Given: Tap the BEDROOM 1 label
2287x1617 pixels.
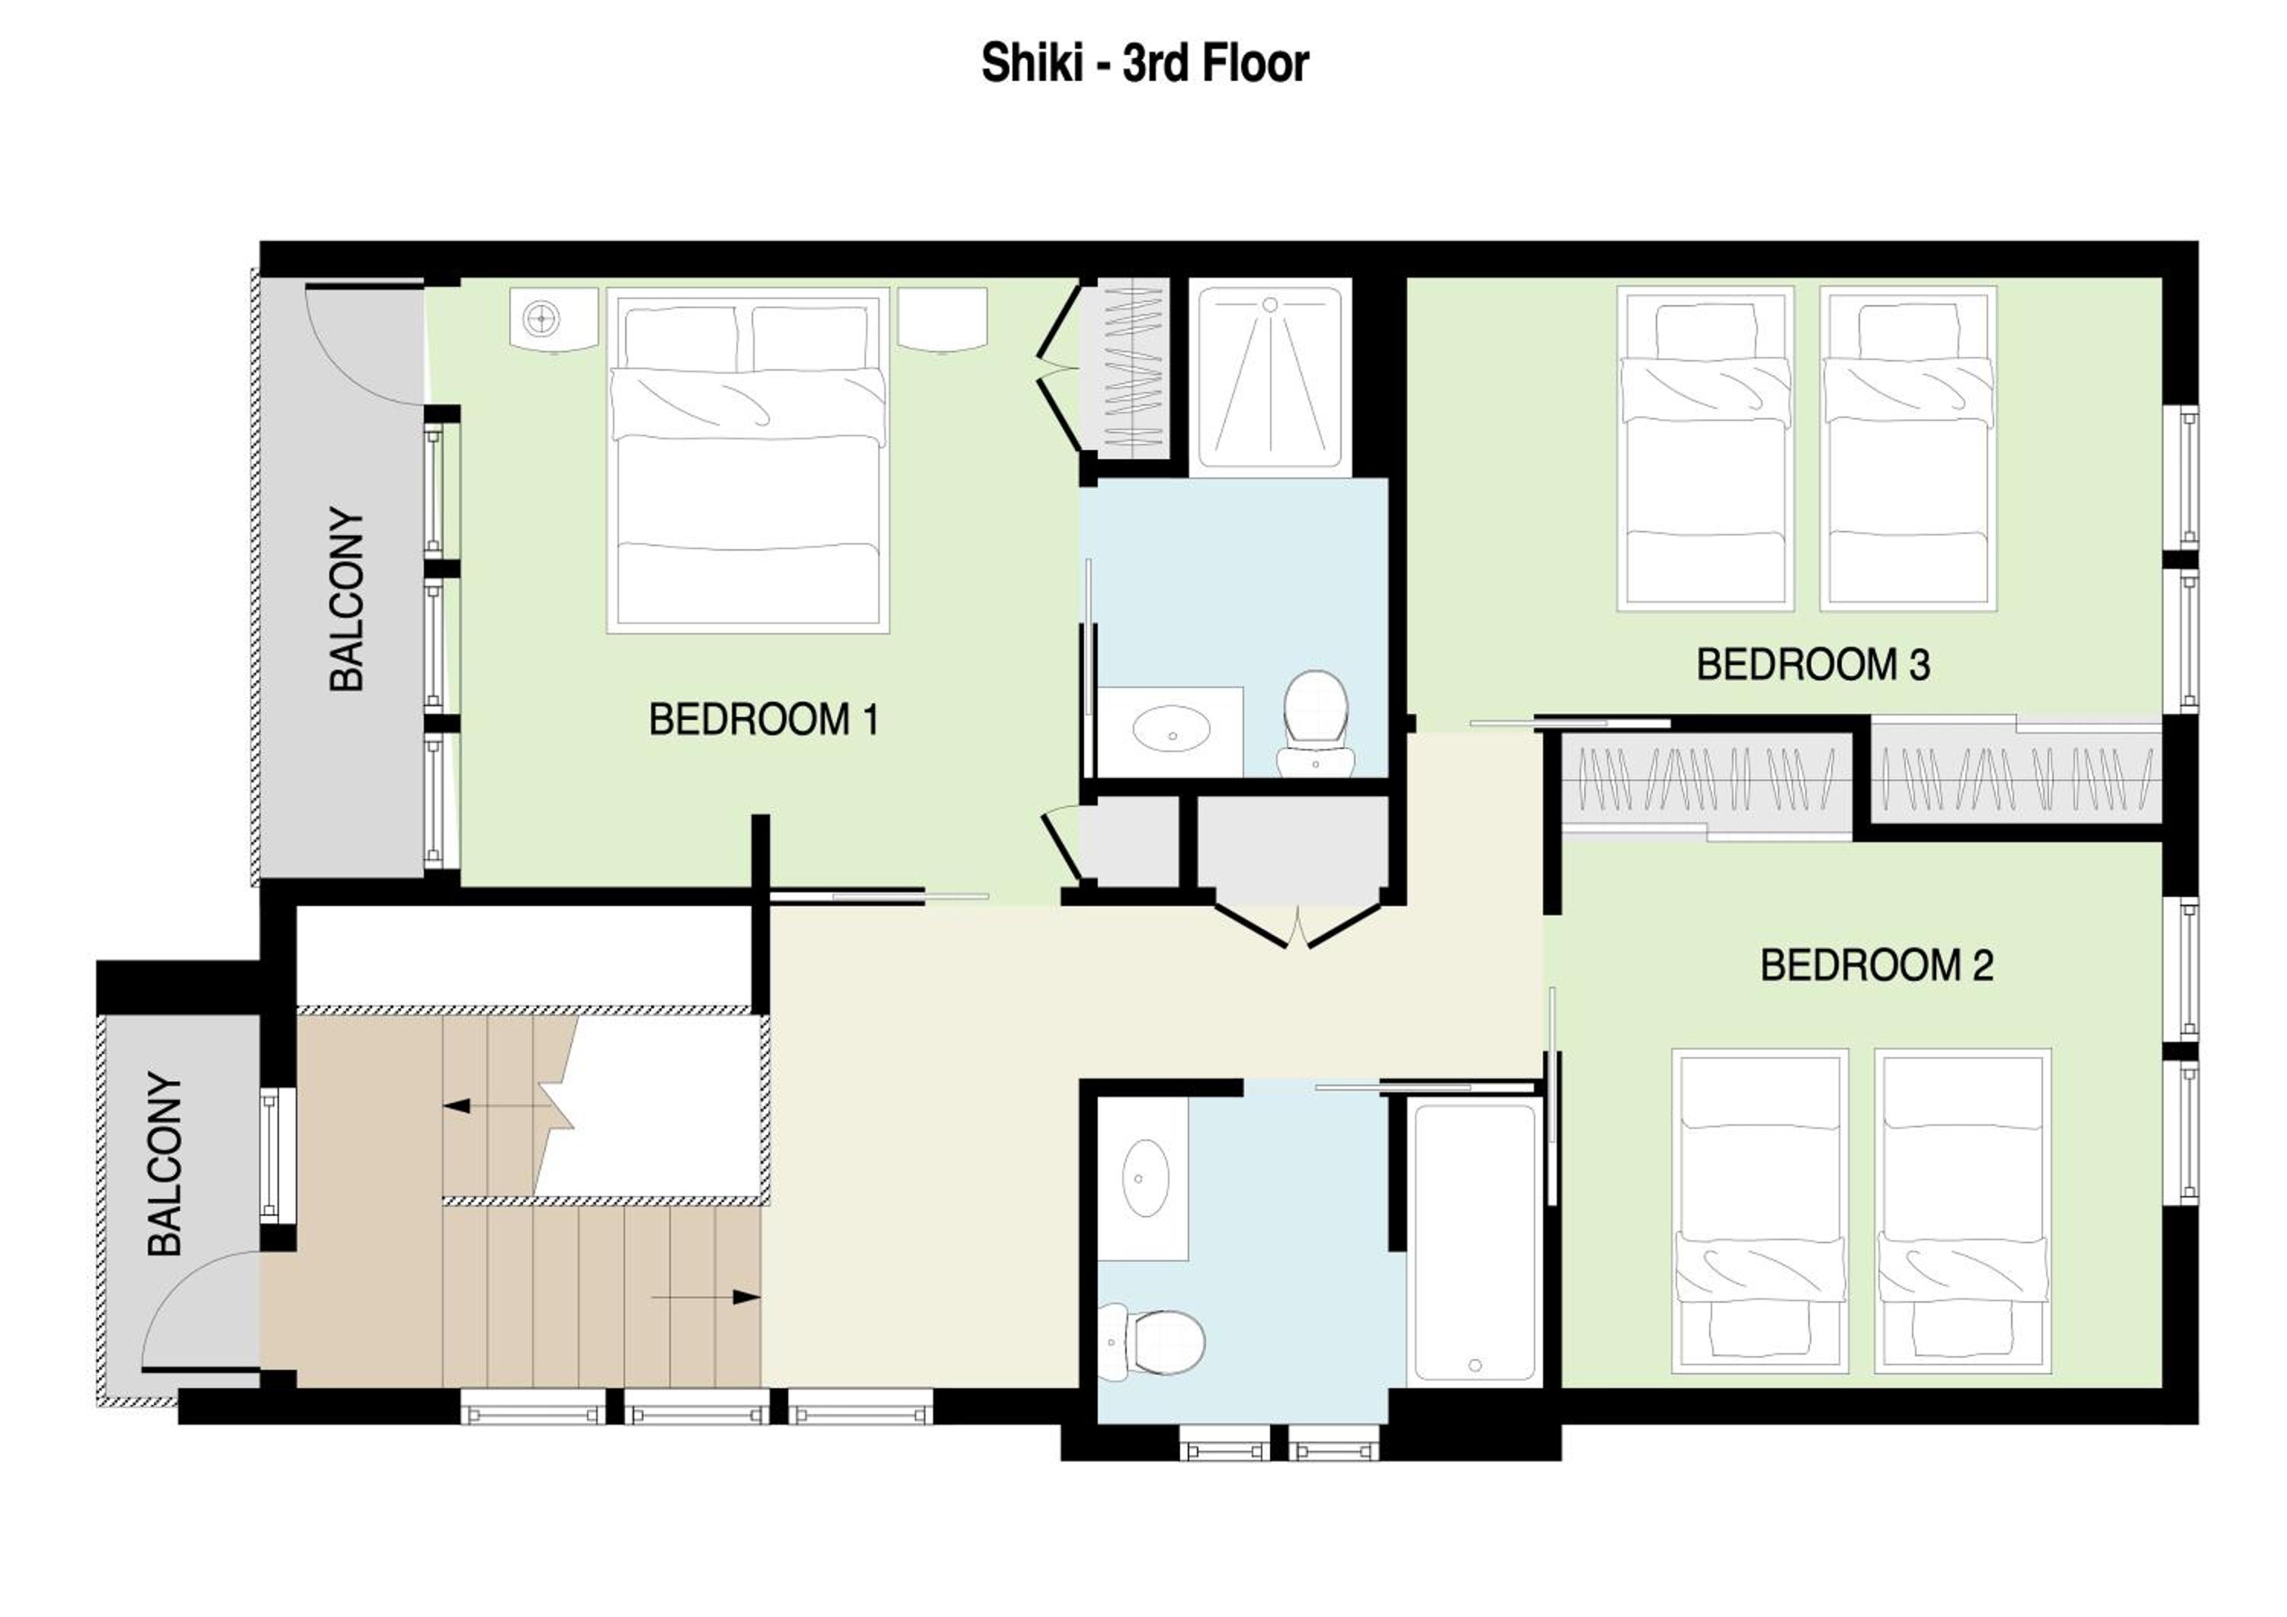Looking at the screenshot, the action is point(764,719).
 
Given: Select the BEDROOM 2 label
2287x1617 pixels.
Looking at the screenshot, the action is point(1877,966).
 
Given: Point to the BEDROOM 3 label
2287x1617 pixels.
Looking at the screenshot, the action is point(1813,664).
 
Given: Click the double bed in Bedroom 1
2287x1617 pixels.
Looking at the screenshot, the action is point(748,460).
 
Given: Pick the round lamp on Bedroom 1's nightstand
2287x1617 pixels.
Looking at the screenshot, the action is point(540,319).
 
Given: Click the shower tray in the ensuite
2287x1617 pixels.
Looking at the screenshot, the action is point(1270,378).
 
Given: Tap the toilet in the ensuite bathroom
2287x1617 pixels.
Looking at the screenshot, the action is point(1316,723).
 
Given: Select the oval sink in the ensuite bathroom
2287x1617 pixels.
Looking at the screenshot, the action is point(1172,728).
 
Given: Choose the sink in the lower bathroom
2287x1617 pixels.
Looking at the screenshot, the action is point(1146,1178).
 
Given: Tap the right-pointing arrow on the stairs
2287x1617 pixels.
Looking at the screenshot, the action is point(706,1297).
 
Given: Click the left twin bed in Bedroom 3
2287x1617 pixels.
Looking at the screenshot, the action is point(1705,448).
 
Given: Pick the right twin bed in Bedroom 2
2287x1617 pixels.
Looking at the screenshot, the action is point(1962,1211).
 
